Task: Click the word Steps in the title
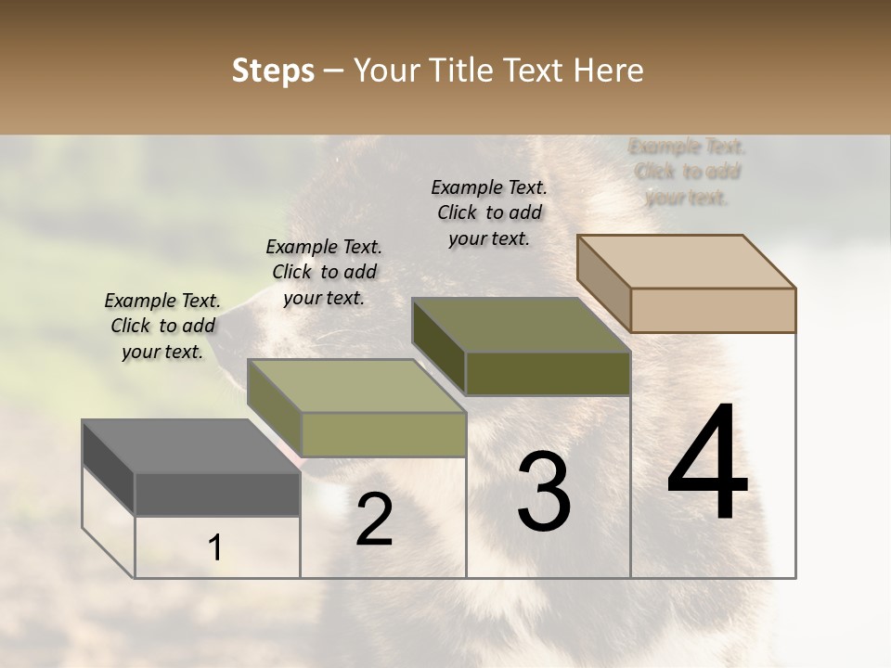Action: click(273, 71)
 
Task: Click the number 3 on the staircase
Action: click(544, 492)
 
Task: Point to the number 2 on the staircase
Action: click(374, 520)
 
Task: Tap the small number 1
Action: click(215, 548)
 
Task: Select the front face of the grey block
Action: click(217, 495)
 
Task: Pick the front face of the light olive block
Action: click(383, 434)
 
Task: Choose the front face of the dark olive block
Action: click(548, 373)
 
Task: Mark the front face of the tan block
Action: click(713, 310)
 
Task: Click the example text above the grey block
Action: click(162, 326)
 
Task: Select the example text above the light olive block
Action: click(324, 272)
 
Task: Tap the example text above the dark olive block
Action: click(489, 212)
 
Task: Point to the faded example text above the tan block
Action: click(687, 172)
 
